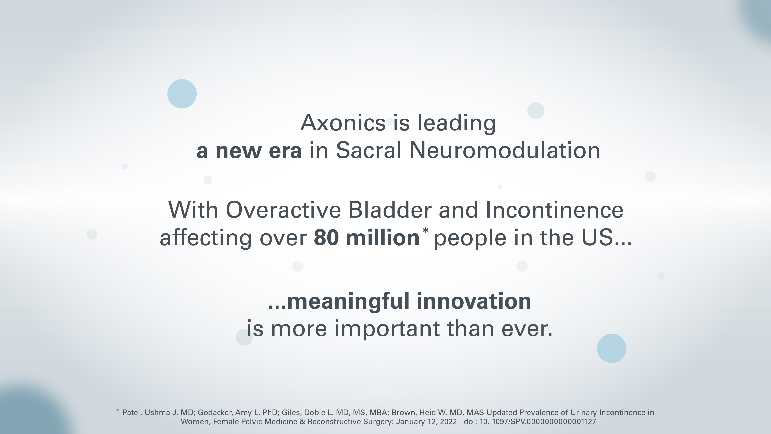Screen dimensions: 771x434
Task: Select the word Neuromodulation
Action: [505, 150]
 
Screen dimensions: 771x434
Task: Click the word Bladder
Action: [390, 210]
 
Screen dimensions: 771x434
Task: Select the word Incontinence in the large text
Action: [554, 210]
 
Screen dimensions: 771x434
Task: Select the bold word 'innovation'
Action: [474, 301]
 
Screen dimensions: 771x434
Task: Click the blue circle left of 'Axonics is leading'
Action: [182, 94]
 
